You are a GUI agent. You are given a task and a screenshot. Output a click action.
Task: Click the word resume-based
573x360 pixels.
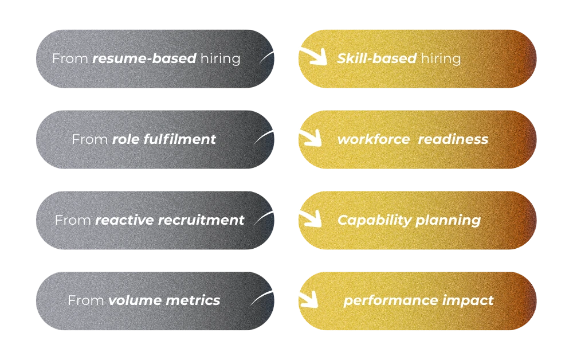[144, 58]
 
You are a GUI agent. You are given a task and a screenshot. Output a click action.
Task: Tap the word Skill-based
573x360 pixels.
[376, 58]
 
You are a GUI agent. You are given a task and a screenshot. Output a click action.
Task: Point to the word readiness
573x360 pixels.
[453, 139]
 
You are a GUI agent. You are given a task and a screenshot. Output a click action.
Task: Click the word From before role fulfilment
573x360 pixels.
[89, 139]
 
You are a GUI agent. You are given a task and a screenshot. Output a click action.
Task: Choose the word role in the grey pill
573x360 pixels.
[124, 139]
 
